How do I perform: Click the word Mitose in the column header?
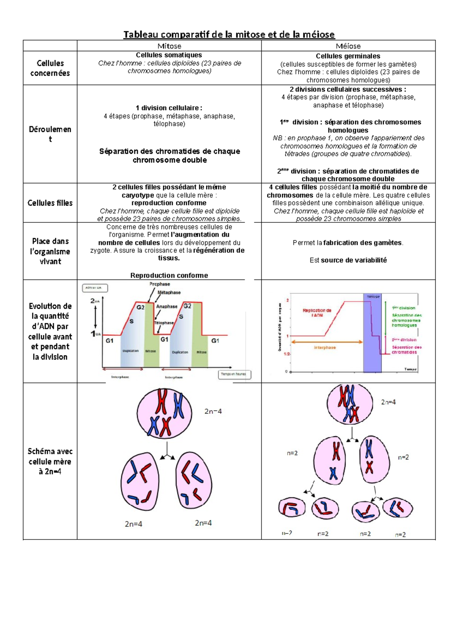(169, 46)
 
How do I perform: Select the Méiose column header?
(348, 46)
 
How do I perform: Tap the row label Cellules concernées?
(50, 68)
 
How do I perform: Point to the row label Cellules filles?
(50, 203)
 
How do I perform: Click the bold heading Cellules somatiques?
(169, 55)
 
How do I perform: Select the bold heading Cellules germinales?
(348, 56)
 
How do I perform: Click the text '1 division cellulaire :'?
(169, 108)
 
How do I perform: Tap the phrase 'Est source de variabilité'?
(348, 260)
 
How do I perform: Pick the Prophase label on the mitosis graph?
(160, 284)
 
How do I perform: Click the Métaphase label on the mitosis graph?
(169, 292)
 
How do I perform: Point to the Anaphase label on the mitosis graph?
(167, 306)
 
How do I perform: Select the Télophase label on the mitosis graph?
(164, 322)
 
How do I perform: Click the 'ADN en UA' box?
(95, 288)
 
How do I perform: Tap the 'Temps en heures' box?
(234, 374)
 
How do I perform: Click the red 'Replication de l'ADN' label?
(317, 313)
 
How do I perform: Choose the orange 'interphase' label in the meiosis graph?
(325, 348)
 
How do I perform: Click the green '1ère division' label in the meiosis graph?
(403, 308)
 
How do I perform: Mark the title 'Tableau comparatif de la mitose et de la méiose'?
(229, 35)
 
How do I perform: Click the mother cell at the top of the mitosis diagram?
(164, 413)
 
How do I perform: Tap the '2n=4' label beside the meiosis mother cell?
(388, 402)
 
